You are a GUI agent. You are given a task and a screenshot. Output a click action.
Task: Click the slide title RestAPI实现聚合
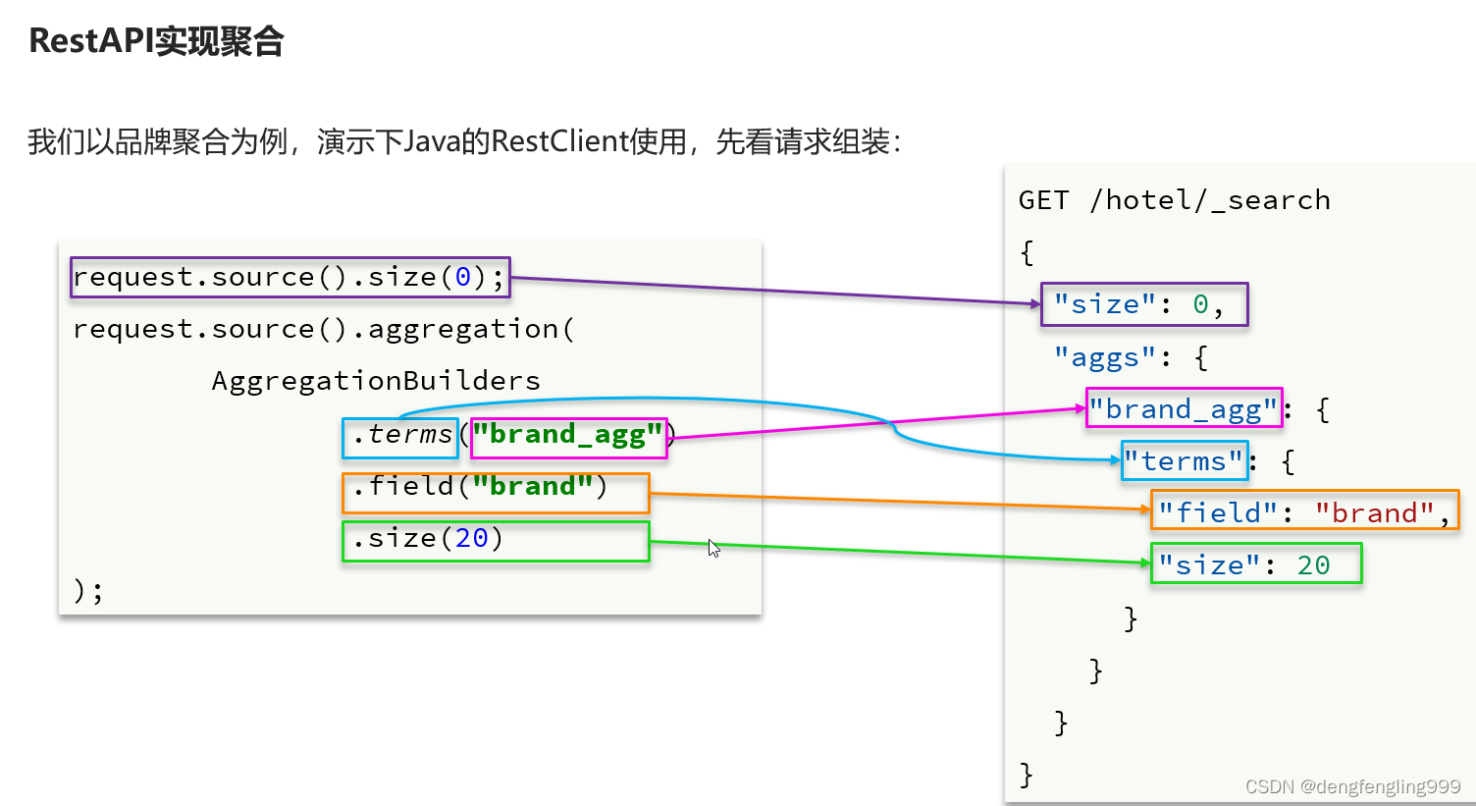click(156, 41)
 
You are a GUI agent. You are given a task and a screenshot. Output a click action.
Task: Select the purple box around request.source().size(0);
click(290, 278)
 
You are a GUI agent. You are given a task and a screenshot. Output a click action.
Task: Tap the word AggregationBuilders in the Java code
click(376, 381)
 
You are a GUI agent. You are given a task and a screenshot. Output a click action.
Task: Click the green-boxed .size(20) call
click(495, 541)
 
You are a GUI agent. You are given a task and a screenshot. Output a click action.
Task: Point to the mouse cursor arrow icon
click(713, 548)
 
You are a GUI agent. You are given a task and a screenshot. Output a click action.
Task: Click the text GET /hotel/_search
click(1174, 200)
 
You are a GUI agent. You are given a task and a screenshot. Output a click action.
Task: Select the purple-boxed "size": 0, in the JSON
click(1143, 304)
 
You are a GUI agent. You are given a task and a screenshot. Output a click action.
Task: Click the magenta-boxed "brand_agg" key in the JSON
click(1184, 408)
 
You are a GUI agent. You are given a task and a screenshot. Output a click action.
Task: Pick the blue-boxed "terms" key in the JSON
click(1185, 461)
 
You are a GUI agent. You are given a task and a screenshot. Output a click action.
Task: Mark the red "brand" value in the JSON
click(1374, 512)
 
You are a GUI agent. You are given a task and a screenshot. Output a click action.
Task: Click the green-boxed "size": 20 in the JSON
click(1255, 564)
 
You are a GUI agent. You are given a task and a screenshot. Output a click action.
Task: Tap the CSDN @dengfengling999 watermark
click(1352, 786)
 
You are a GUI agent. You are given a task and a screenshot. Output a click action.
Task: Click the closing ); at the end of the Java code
click(88, 590)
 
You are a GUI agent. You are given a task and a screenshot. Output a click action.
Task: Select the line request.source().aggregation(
click(323, 329)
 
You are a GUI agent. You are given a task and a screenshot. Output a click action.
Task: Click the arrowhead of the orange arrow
click(1145, 509)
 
